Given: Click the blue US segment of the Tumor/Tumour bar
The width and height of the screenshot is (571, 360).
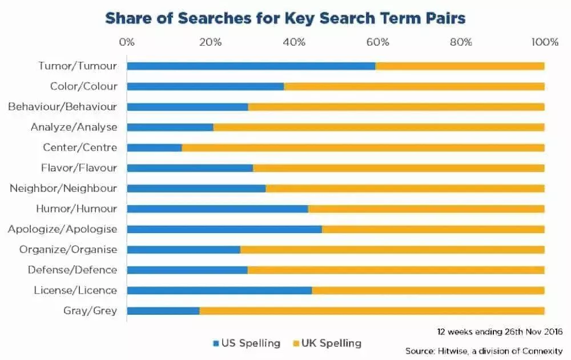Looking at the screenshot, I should point(251,66).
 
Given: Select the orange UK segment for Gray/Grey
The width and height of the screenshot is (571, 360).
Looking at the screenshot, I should point(372,311).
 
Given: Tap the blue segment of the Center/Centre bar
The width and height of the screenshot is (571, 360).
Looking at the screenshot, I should point(154,147).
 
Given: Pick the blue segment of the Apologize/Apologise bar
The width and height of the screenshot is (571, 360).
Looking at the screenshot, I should point(224,229).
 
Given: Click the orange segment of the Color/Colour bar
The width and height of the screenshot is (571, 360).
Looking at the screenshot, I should point(414,86).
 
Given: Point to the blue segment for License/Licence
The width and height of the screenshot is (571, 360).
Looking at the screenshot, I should point(219,290).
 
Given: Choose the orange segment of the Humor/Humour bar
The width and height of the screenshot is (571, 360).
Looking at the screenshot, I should point(426,209).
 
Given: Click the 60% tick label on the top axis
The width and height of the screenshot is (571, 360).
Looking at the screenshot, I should point(377,42).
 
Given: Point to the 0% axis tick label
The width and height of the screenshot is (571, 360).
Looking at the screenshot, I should point(127,42).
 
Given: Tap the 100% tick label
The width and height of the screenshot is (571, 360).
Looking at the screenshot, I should point(544,42).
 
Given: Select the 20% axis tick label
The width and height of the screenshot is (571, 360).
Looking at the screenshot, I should point(210,42).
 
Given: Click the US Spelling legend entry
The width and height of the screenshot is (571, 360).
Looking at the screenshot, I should point(246,343).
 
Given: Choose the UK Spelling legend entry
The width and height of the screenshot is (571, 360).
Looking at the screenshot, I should point(327,343).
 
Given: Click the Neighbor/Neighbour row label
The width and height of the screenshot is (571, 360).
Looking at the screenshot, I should point(63,188).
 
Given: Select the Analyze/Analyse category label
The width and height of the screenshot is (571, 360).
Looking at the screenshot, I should point(74,127).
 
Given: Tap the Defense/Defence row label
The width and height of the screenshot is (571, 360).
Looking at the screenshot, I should point(73,270).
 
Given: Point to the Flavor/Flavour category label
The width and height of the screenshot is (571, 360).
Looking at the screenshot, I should point(79,168).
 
